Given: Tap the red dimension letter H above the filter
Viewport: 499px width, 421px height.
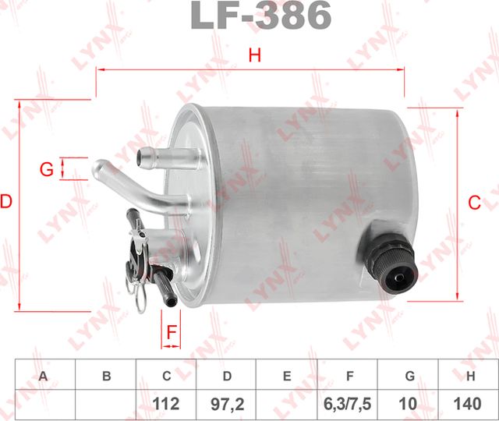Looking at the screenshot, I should click(251, 55).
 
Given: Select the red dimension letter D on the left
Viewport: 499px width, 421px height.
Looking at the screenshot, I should click(6, 202).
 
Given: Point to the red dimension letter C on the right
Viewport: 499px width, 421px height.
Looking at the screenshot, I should click(473, 203).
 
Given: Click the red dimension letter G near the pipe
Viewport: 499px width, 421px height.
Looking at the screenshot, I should click(46, 168).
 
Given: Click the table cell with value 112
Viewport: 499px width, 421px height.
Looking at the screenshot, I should click(166, 404).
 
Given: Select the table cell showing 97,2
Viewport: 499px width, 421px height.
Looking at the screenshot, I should click(226, 404).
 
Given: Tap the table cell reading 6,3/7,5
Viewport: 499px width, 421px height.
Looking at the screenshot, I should click(348, 404).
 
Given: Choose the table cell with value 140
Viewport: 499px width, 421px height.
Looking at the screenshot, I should click(469, 404).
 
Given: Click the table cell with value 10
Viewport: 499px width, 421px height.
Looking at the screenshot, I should click(409, 404).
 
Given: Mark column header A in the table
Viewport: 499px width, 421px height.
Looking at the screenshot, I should click(44, 376).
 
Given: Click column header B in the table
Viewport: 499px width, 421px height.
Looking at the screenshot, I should click(106, 376).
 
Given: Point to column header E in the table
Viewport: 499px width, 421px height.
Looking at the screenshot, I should click(287, 376).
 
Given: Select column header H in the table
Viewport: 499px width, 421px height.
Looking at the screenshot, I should click(469, 376).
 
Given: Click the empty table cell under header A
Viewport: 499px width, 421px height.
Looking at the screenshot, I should click(44, 404).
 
